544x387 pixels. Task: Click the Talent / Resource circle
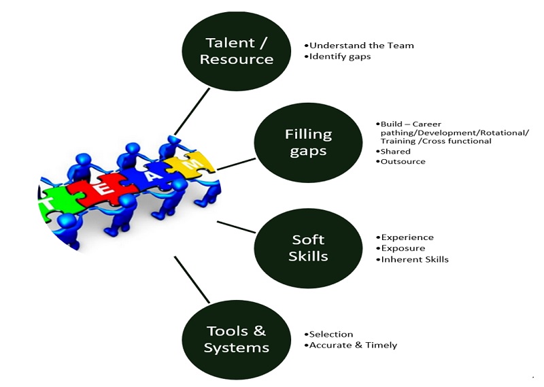[237, 52]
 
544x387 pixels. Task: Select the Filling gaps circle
[309, 143]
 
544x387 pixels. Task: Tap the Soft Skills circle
[309, 248]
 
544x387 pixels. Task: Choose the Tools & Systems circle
[237, 339]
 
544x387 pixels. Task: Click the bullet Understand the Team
[359, 46]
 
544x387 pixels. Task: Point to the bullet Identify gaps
[337, 56]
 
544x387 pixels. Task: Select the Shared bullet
[394, 151]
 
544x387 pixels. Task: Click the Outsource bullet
[401, 161]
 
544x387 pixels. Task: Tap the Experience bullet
[405, 237]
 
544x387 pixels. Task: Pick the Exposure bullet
[401, 248]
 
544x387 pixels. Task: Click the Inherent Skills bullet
[413, 259]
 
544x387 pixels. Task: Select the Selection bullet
[328, 334]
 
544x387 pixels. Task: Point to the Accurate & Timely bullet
[351, 345]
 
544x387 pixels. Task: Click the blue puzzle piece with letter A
[152, 177]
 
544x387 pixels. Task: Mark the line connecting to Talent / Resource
[192, 112]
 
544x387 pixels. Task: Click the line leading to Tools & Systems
[192, 280]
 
